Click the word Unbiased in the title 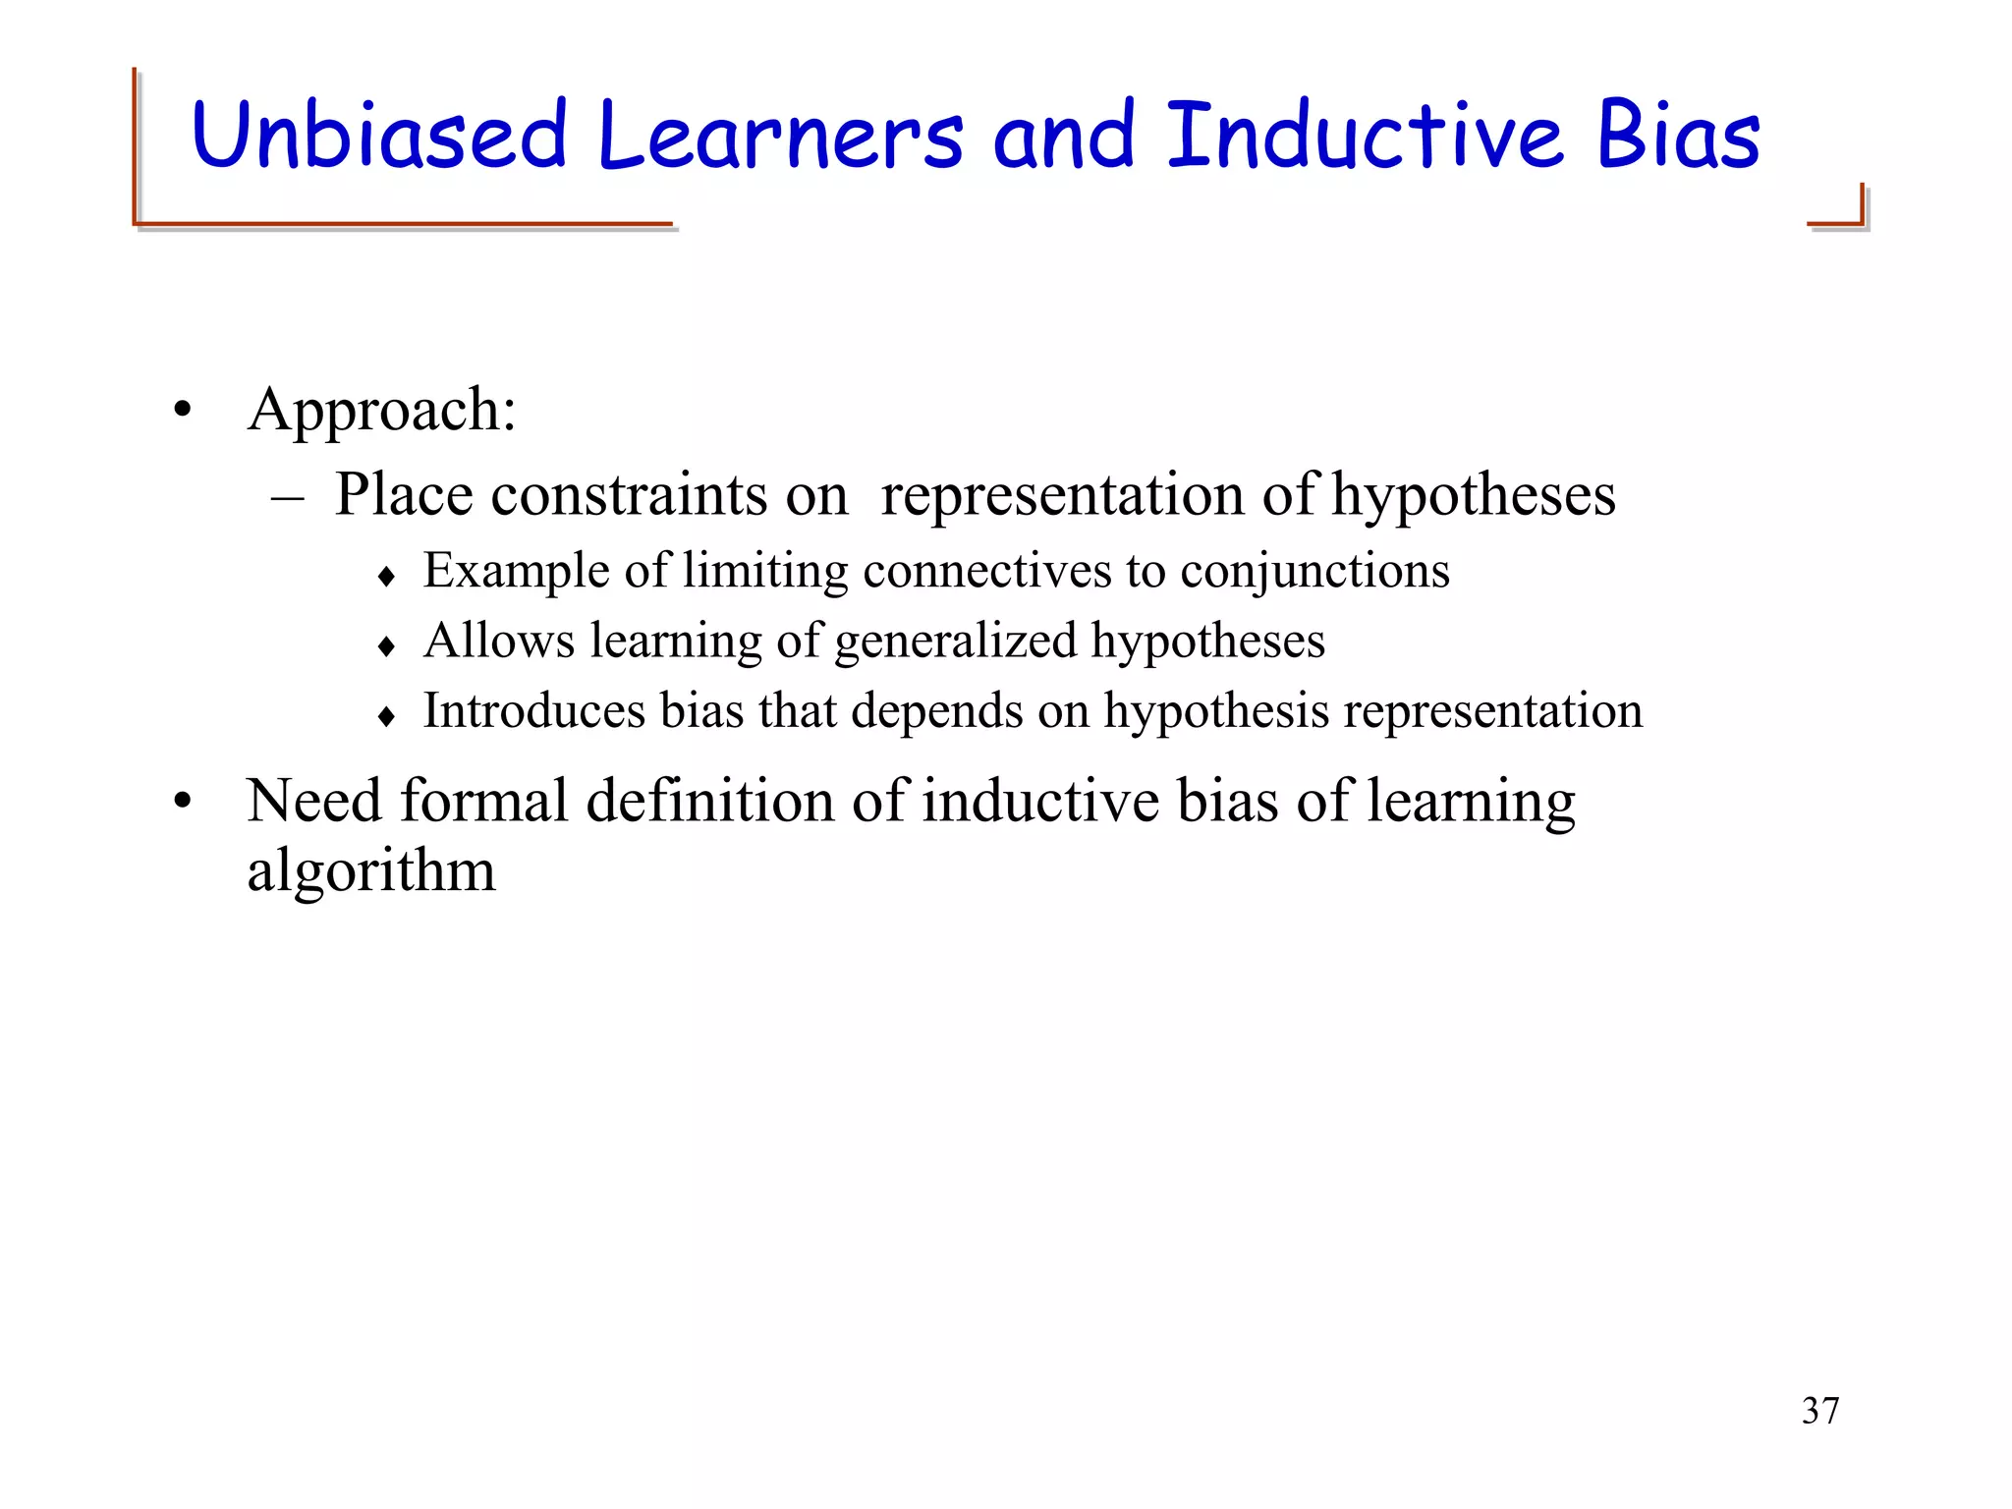(x=379, y=135)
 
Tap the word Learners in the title (x=779, y=135)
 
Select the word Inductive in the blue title (x=1365, y=135)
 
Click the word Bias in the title (x=1679, y=135)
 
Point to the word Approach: (x=382, y=411)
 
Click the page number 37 (x=1820, y=1411)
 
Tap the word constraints (x=628, y=494)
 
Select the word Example (x=517, y=571)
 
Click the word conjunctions (x=1314, y=571)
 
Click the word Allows (x=499, y=641)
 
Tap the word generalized (x=955, y=642)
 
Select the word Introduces (x=533, y=710)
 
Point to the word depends (x=936, y=711)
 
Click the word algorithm (x=371, y=871)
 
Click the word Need (x=313, y=801)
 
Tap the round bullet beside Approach (x=182, y=411)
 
